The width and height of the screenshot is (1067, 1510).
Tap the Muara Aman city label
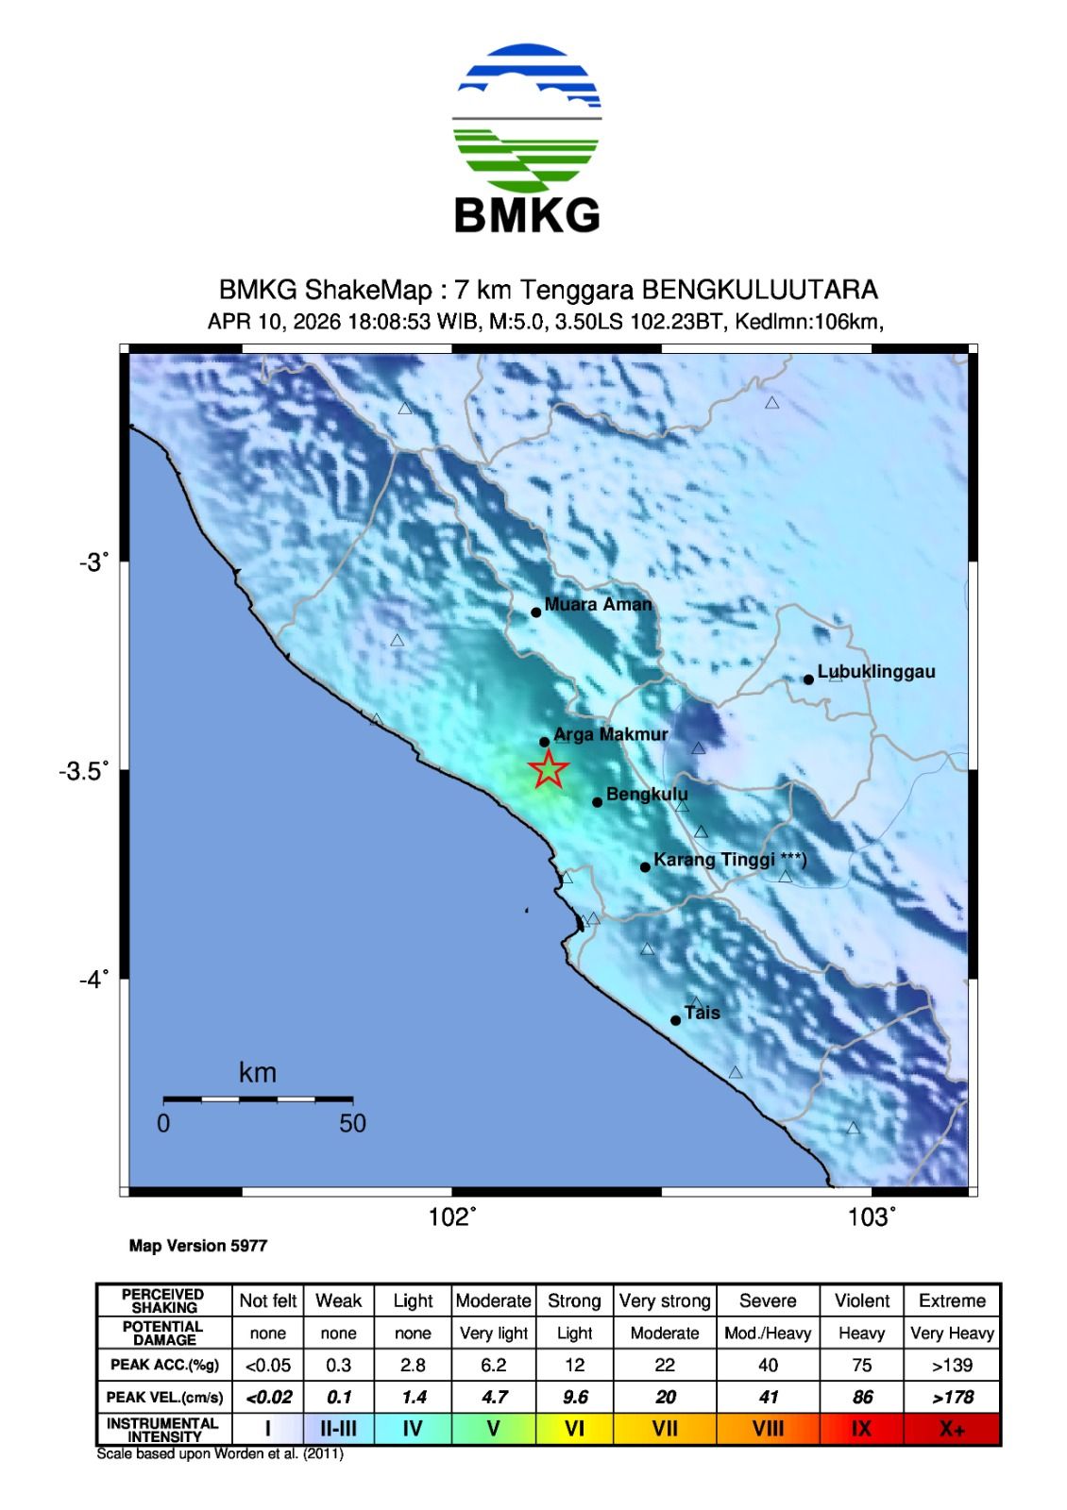tap(598, 605)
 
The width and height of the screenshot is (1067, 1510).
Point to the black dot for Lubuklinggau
tap(808, 679)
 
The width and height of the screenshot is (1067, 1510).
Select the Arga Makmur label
tap(610, 734)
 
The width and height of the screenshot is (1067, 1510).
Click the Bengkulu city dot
tap(598, 802)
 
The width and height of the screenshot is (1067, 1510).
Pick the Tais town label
tap(702, 1014)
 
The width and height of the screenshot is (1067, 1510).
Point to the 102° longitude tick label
tap(452, 1217)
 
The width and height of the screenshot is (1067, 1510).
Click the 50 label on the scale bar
tap(352, 1123)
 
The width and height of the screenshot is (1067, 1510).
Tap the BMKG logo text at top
tap(527, 215)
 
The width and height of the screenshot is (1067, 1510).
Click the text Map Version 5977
tap(198, 1246)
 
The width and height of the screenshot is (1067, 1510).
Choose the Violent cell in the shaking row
tap(861, 1300)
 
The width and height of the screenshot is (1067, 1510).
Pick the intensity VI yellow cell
tap(574, 1429)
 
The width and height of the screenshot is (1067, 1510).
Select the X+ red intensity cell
tap(952, 1429)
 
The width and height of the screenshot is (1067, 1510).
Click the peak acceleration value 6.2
tap(493, 1365)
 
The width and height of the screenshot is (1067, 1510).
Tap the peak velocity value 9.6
tap(574, 1397)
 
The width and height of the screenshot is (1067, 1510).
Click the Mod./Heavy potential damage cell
tap(768, 1333)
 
